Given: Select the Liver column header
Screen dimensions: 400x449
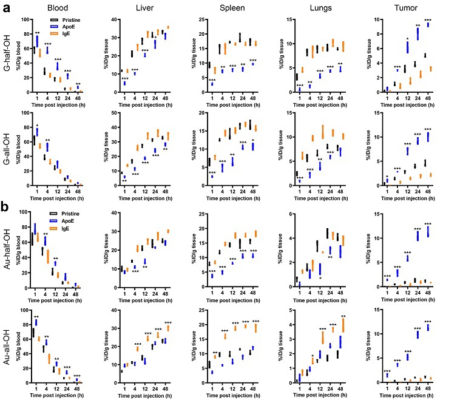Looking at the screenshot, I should click(141, 8).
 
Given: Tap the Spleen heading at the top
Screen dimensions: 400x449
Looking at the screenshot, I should click(232, 8).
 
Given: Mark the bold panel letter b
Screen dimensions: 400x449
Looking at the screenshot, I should click(5, 205).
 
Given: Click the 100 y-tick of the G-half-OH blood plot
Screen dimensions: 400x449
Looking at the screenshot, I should click(24, 19).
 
